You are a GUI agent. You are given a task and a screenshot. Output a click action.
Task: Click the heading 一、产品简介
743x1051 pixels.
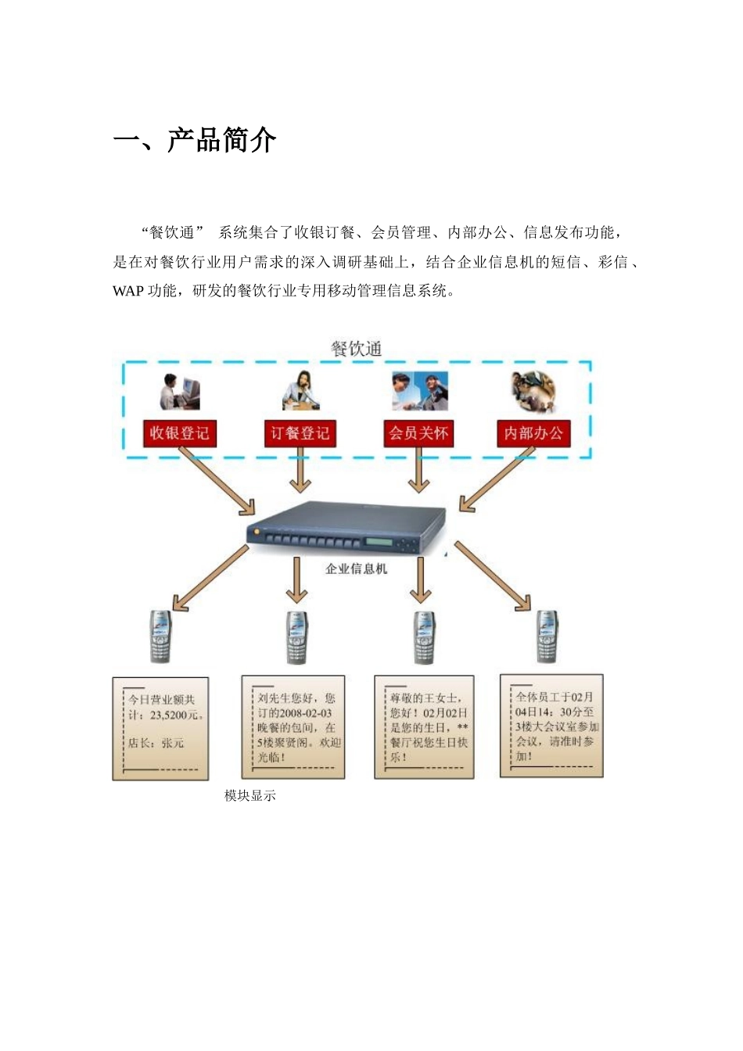pyautogui.click(x=195, y=141)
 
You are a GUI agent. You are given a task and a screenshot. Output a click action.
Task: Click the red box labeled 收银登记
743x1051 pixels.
pyautogui.click(x=179, y=433)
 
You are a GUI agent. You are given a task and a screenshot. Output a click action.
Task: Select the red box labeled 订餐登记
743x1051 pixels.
pyautogui.click(x=300, y=433)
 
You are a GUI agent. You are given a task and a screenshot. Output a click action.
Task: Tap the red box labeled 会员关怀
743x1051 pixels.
pyautogui.click(x=419, y=433)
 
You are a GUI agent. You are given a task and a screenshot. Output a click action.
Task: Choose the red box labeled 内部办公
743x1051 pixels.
pyautogui.click(x=533, y=433)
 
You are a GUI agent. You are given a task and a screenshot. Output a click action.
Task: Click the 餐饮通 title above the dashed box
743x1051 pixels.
pyautogui.click(x=356, y=349)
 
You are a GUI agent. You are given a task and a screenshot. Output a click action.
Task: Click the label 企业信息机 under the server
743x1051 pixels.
pyautogui.click(x=356, y=569)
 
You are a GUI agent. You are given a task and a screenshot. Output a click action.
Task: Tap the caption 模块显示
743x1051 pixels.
pyautogui.click(x=249, y=795)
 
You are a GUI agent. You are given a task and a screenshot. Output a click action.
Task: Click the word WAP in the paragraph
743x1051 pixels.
pyautogui.click(x=128, y=291)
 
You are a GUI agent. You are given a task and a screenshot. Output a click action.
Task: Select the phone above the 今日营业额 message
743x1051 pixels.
pyautogui.click(x=160, y=636)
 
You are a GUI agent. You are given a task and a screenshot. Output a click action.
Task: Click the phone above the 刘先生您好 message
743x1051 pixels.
pyautogui.click(x=296, y=637)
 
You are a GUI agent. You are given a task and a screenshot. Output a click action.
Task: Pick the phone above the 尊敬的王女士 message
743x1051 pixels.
pyautogui.click(x=424, y=637)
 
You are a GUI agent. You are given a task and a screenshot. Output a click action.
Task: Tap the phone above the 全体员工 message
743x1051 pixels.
pyautogui.click(x=547, y=636)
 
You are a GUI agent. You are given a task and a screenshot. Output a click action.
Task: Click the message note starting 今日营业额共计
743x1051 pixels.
pyautogui.click(x=160, y=728)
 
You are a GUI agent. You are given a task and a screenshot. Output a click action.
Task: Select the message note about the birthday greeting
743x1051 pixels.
pyautogui.click(x=424, y=727)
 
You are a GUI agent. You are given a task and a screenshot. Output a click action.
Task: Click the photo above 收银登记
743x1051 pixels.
pyautogui.click(x=180, y=392)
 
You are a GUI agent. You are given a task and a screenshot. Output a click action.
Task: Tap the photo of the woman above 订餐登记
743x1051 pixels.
pyautogui.click(x=301, y=390)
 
